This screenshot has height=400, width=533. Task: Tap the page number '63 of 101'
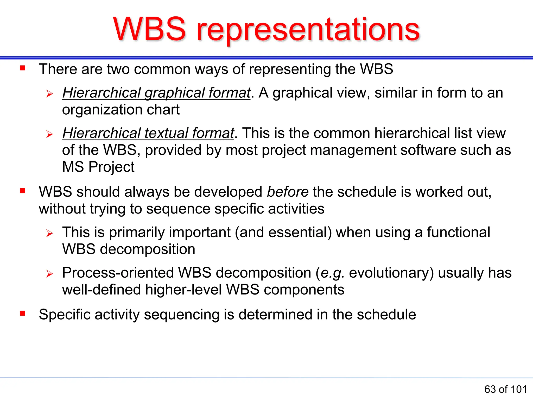pos(505,389)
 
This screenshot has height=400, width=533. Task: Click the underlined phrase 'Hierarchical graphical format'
pos(156,93)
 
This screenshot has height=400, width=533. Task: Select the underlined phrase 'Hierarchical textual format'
pos(148,133)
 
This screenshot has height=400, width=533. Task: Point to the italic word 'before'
pos(288,192)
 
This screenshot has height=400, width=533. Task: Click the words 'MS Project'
pos(98,167)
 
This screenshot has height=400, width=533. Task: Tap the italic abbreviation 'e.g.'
pos(332,273)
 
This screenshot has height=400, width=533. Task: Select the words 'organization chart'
pos(121,110)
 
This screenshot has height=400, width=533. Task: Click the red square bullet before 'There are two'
pos(23,68)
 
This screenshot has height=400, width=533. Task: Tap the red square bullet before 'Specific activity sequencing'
pos(23,313)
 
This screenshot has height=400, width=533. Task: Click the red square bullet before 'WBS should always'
pos(23,191)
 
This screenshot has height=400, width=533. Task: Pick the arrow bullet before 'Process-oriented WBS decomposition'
pos(49,274)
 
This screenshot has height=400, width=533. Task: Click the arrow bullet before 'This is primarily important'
pos(49,233)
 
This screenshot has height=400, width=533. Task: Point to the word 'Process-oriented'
pos(118,273)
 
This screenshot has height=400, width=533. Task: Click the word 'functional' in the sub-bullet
pos(458,232)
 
